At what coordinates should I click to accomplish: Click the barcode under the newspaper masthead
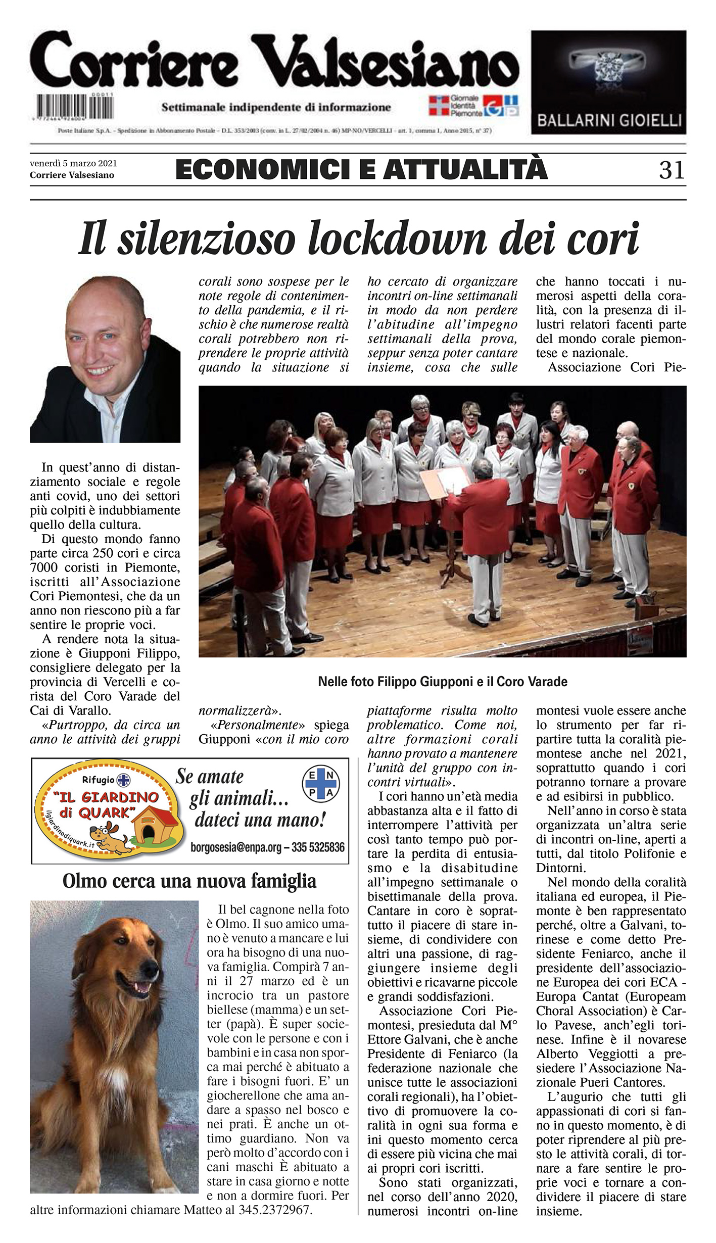75,107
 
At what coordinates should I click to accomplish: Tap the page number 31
672,170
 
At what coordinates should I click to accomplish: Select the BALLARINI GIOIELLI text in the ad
609,121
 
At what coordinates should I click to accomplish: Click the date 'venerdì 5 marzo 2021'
73,163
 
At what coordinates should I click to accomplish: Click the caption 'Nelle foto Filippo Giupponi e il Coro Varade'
442,682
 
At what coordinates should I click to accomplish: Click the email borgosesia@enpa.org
235,847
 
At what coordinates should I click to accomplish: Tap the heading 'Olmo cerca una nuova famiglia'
189,881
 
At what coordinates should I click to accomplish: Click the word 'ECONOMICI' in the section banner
262,170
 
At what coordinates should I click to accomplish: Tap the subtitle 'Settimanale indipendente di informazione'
276,107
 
